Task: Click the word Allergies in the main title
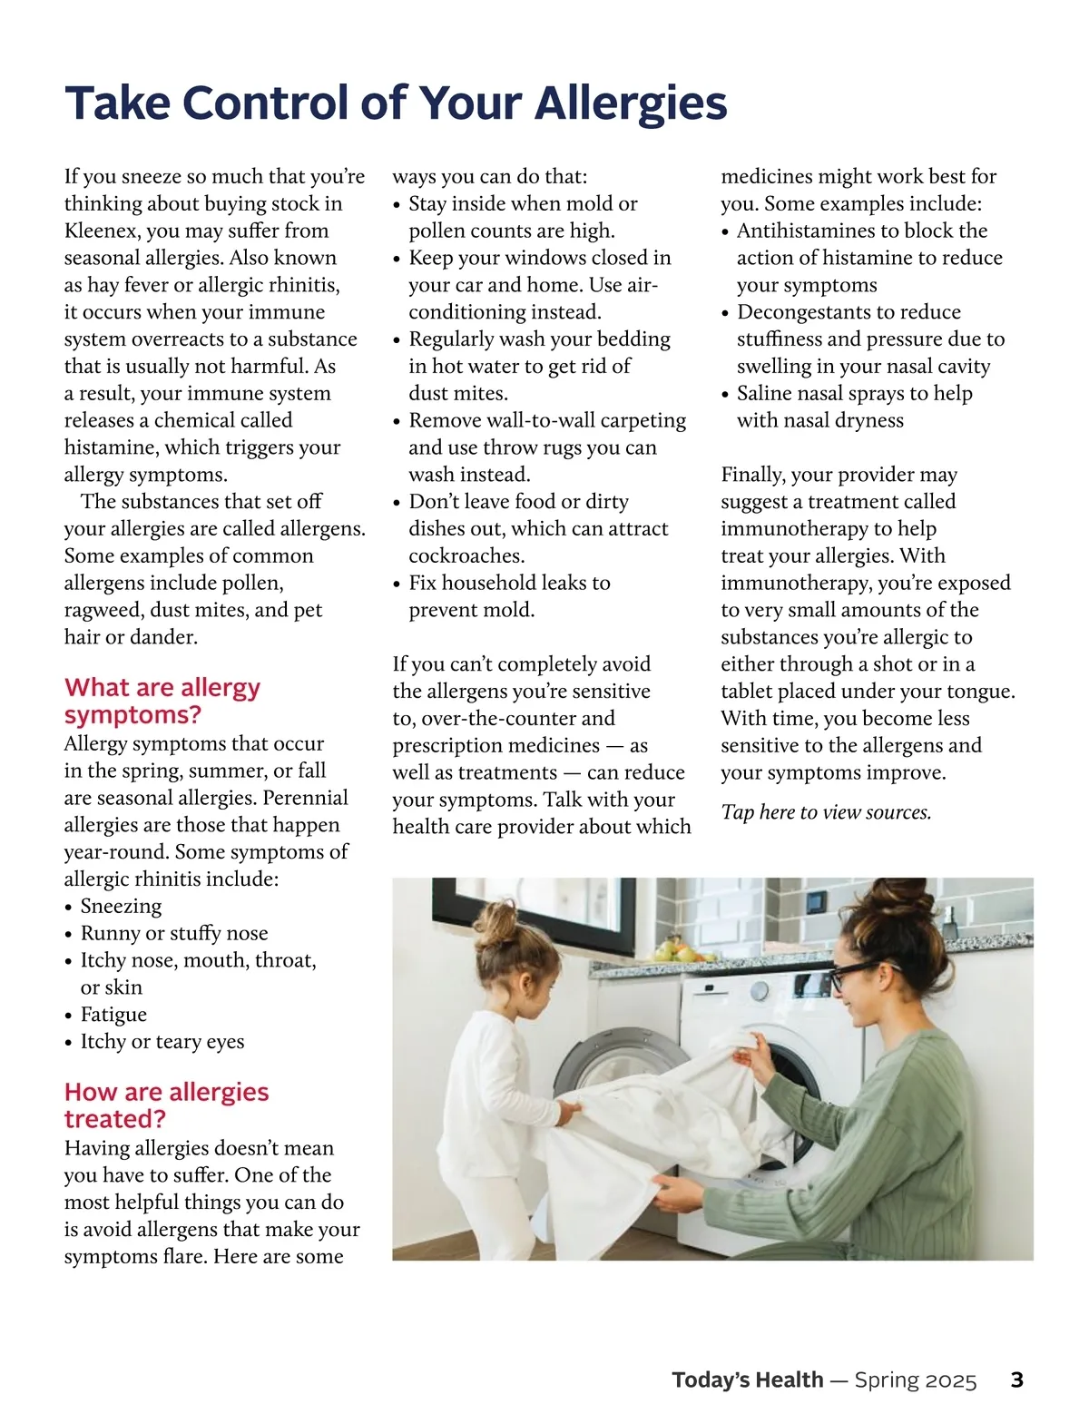click(x=631, y=103)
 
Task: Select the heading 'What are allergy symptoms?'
click(x=162, y=701)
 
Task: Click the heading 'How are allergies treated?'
click(x=166, y=1105)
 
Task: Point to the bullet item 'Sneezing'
click(x=121, y=906)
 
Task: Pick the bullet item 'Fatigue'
click(x=113, y=1014)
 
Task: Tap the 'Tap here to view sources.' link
click(x=826, y=812)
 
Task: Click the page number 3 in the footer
click(x=1016, y=1380)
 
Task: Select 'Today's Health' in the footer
click(x=748, y=1380)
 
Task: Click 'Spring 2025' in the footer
click(x=916, y=1380)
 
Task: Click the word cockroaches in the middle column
click(x=466, y=555)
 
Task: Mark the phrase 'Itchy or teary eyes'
click(x=162, y=1041)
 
